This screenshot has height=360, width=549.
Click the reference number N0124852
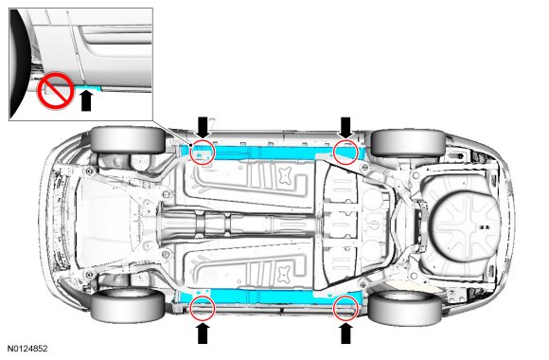(27, 349)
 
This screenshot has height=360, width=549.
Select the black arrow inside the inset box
(86, 100)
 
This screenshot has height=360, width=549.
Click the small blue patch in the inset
(90, 88)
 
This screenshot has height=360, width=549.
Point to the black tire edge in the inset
(17, 63)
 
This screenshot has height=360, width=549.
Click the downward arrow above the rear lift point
(345, 128)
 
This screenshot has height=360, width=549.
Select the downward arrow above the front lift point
(203, 128)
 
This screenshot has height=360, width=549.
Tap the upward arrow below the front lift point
(203, 333)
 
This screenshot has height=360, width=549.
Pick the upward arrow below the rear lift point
(345, 333)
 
